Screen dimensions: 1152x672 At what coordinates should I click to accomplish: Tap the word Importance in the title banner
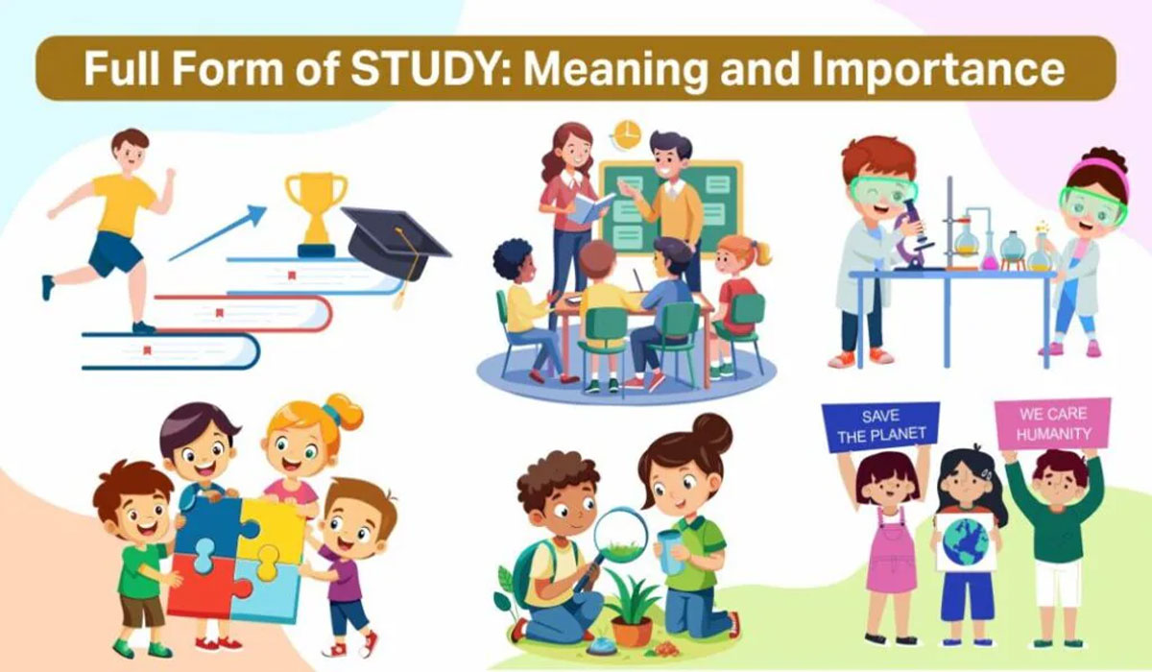point(938,69)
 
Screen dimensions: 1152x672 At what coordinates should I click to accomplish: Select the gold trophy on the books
point(316,214)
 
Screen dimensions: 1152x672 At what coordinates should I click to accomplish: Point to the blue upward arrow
point(218,233)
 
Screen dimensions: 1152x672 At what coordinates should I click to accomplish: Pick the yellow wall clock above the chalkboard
point(627,135)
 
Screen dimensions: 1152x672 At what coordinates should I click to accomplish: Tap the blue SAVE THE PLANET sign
point(880,426)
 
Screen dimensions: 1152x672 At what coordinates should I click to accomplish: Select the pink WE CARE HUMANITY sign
point(1053,423)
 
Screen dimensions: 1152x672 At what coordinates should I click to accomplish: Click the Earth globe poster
point(966,541)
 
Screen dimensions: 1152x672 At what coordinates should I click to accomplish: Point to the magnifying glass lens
point(620,535)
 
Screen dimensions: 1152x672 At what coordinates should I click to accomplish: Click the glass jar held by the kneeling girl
point(671,552)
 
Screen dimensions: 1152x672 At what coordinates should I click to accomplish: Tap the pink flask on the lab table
point(989,253)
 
